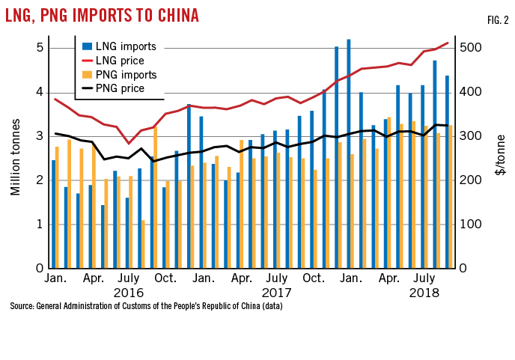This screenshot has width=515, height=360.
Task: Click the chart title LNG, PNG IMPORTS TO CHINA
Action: pyautogui.click(x=105, y=16)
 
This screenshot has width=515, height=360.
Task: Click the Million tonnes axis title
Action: pyautogui.click(x=15, y=157)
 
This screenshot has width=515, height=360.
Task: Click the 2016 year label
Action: pyautogui.click(x=128, y=293)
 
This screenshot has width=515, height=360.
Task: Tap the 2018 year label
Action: pyautogui.click(x=424, y=293)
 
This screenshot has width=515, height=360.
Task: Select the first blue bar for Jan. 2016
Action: pyautogui.click(x=54, y=214)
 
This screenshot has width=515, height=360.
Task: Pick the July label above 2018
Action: pyautogui.click(x=424, y=278)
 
